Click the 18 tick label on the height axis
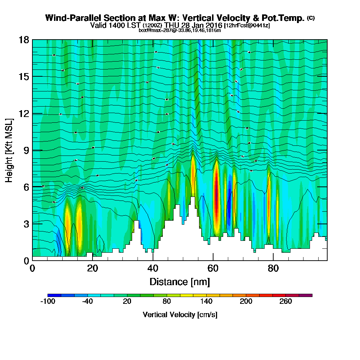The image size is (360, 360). click(24, 40)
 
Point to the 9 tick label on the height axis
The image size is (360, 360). click(26, 150)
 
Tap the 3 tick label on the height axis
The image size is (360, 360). click(26, 224)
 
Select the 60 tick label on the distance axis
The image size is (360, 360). click(213, 268)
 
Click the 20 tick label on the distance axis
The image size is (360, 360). click(93, 268)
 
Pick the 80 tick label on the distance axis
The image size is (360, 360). click(274, 268)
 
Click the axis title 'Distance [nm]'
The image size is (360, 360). click(180, 282)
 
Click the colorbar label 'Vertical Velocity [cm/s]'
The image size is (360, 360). click(180, 315)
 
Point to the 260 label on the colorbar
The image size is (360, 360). click(286, 302)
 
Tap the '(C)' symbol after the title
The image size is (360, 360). click(311, 18)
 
